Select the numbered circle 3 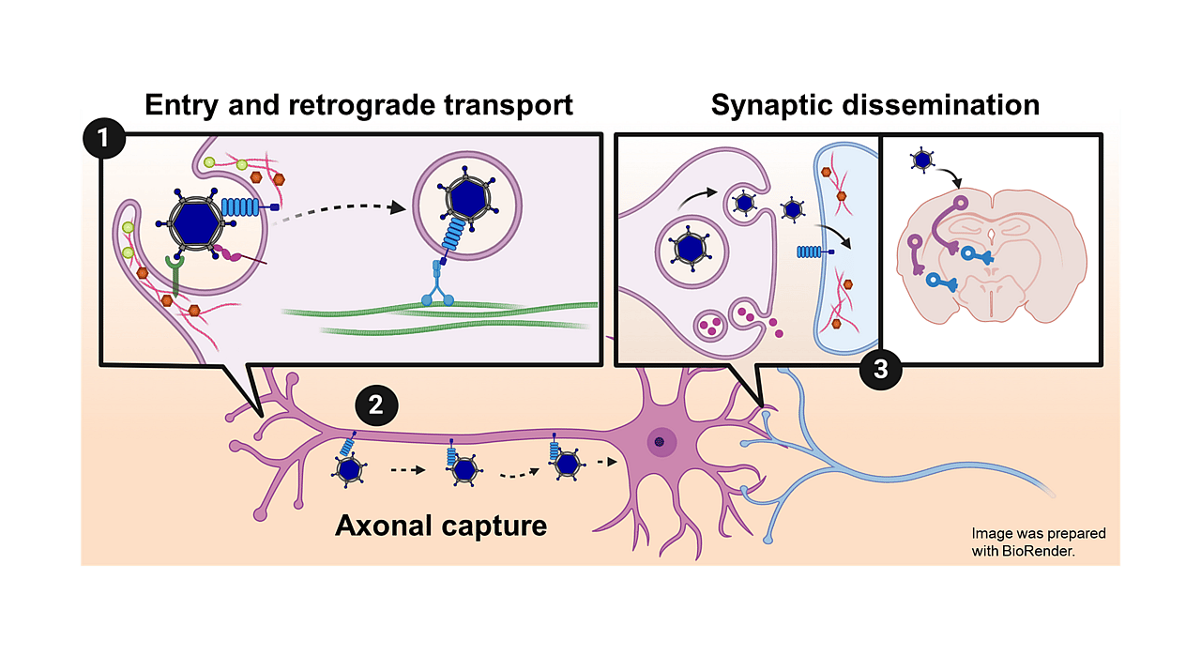[x=880, y=369]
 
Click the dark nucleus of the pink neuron [x=660, y=441]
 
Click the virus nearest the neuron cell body [x=566, y=463]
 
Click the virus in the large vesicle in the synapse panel [x=691, y=247]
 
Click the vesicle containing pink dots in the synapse [x=707, y=327]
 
